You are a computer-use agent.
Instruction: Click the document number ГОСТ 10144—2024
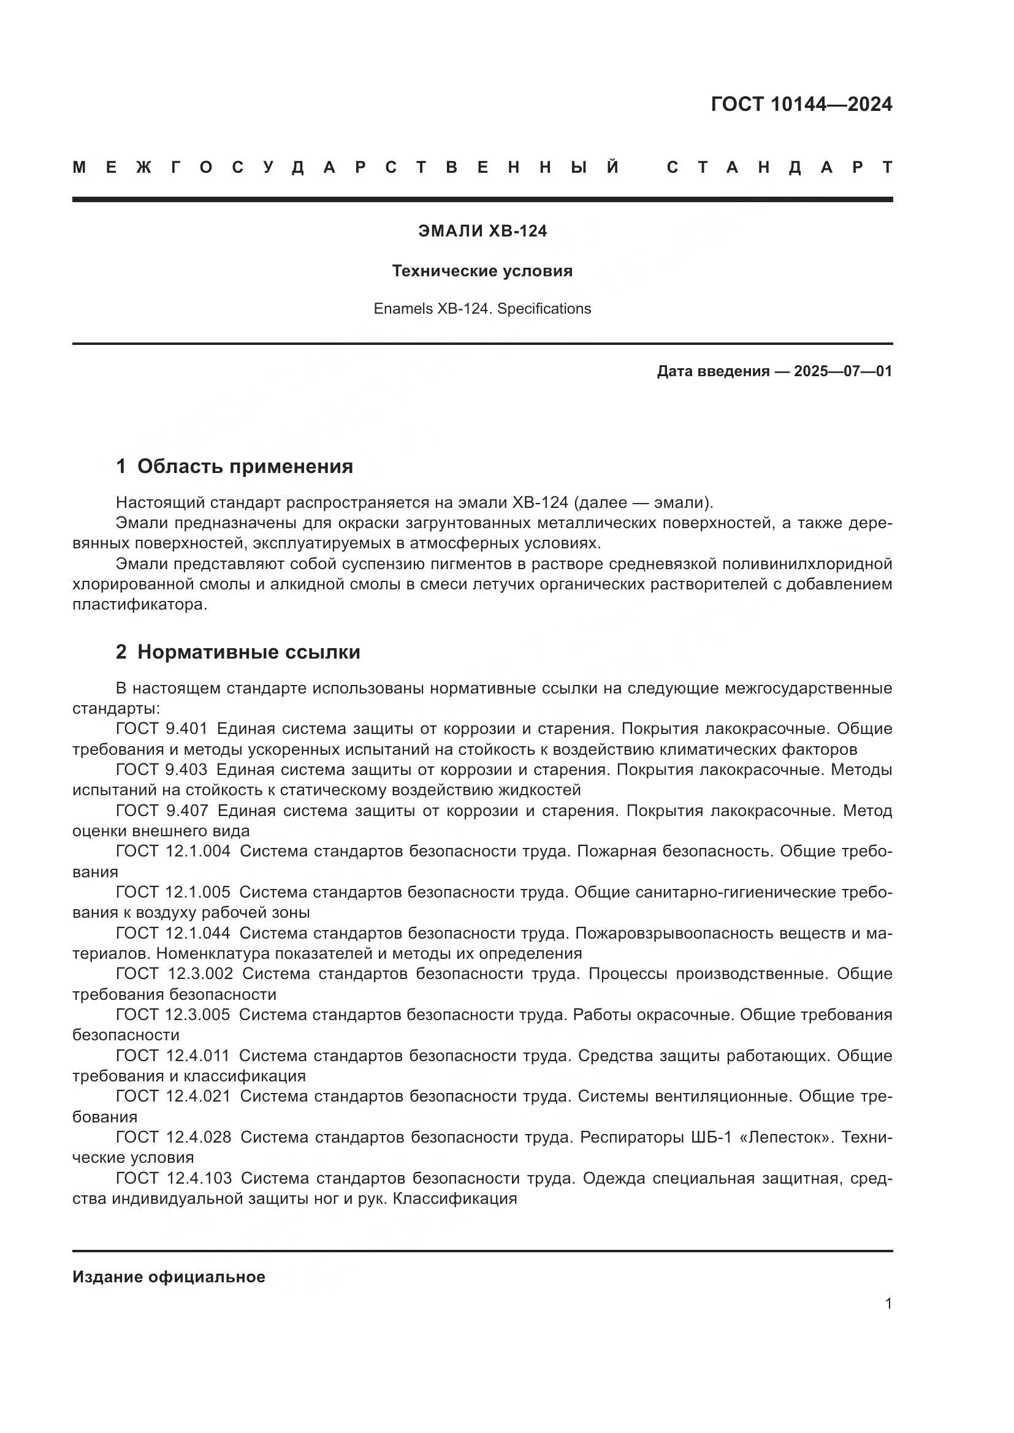pyautogui.click(x=801, y=104)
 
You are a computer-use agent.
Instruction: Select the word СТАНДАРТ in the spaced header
pyautogui.click(x=779, y=167)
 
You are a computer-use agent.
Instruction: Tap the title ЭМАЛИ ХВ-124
pyautogui.click(x=482, y=231)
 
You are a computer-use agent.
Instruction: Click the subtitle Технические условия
pyautogui.click(x=482, y=271)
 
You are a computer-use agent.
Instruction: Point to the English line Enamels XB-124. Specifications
pyautogui.click(x=482, y=309)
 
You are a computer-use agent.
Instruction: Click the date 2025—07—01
pyautogui.click(x=842, y=371)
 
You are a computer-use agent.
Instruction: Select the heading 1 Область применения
pyautogui.click(x=234, y=466)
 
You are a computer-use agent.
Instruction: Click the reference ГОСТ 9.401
pyautogui.click(x=161, y=729)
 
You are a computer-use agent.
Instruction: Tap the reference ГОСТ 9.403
pyautogui.click(x=161, y=769)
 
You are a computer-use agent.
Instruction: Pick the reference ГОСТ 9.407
pyautogui.click(x=161, y=811)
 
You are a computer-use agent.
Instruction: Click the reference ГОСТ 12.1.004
pyautogui.click(x=173, y=852)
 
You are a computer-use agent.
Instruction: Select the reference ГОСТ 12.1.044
pyautogui.click(x=173, y=933)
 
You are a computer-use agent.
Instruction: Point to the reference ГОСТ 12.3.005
pyautogui.click(x=173, y=1015)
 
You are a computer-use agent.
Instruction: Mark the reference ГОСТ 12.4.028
pyautogui.click(x=173, y=1137)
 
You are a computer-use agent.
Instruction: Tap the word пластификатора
pyautogui.click(x=139, y=605)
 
